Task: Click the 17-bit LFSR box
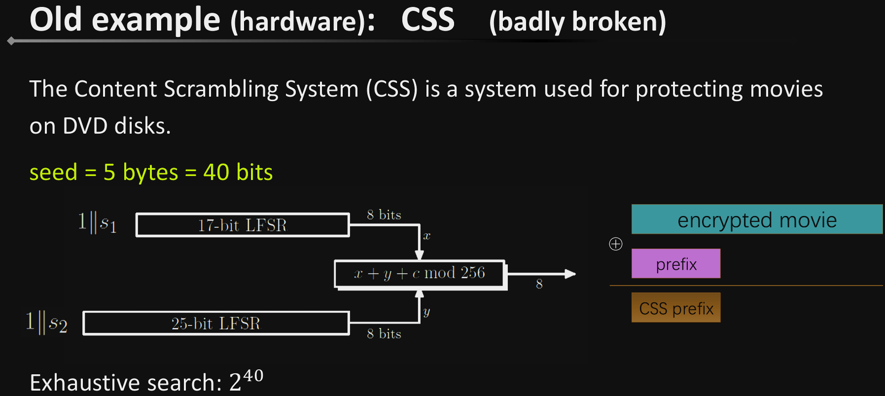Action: (242, 225)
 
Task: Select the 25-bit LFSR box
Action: (216, 324)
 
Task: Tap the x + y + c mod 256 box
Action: (420, 273)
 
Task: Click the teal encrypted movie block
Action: (756, 219)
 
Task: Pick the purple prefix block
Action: (675, 264)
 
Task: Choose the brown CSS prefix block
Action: (675, 308)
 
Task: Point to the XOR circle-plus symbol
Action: (616, 244)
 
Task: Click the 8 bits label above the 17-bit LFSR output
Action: (384, 215)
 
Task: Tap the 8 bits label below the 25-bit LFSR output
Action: (384, 334)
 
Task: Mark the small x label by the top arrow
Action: (426, 236)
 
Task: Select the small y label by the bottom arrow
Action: (426, 312)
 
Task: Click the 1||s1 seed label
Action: (97, 222)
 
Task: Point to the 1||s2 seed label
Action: (46, 323)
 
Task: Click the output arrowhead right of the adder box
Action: (570, 274)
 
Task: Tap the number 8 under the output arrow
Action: (539, 284)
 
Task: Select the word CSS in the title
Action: (427, 20)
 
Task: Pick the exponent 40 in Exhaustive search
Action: (253, 376)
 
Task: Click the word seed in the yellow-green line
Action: (53, 173)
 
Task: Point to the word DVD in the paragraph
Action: (85, 126)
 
